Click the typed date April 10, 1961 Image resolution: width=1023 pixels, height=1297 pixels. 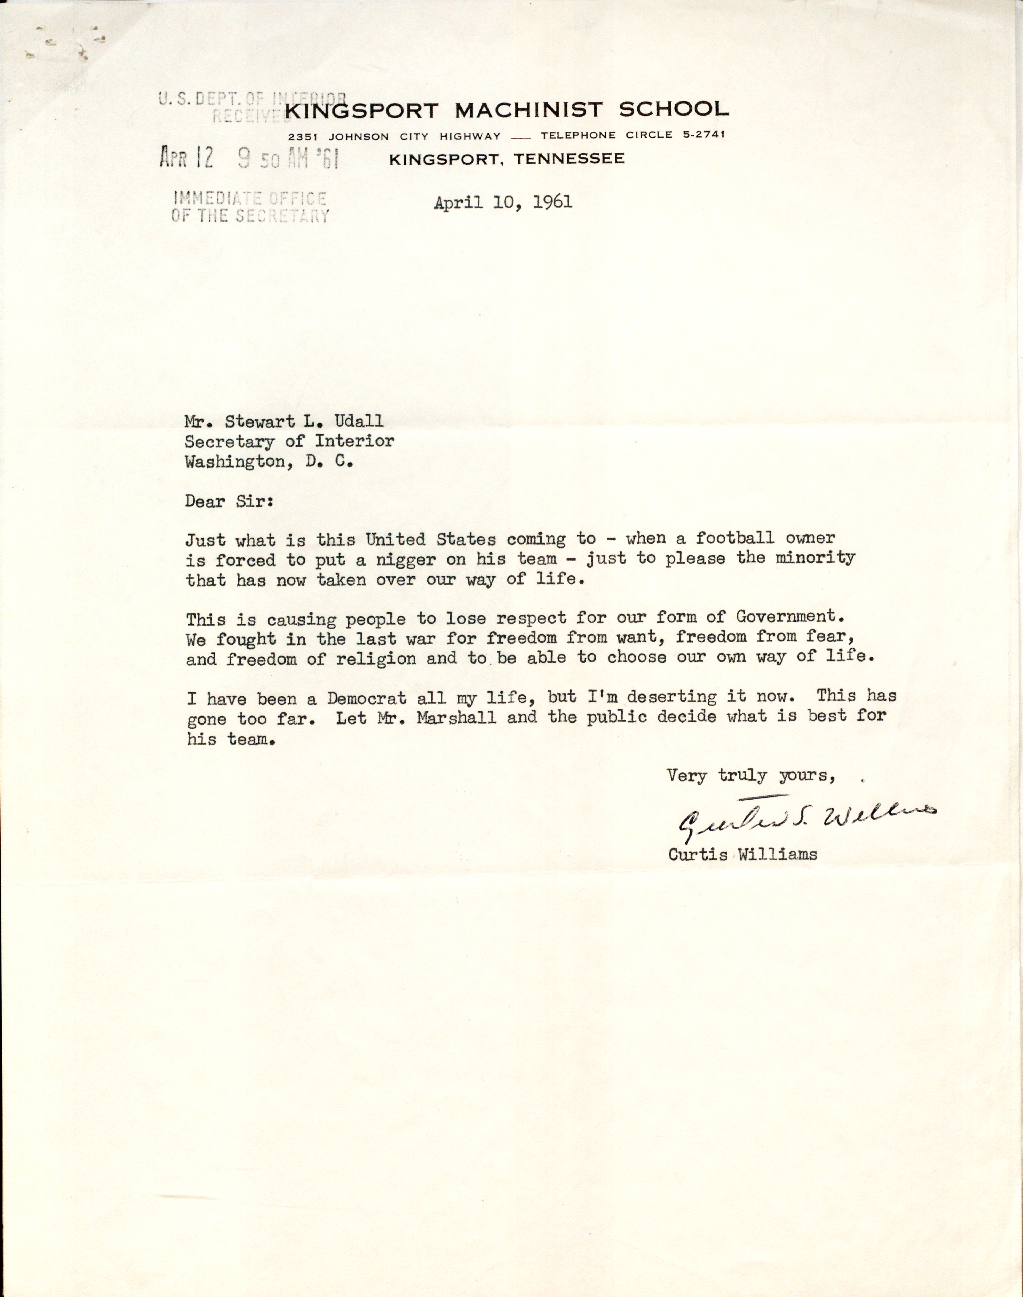pyautogui.click(x=503, y=203)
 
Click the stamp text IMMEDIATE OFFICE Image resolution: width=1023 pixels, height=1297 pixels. pyautogui.click(x=249, y=198)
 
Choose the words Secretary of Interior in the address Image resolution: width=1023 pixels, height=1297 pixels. pyautogui.click(x=289, y=441)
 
